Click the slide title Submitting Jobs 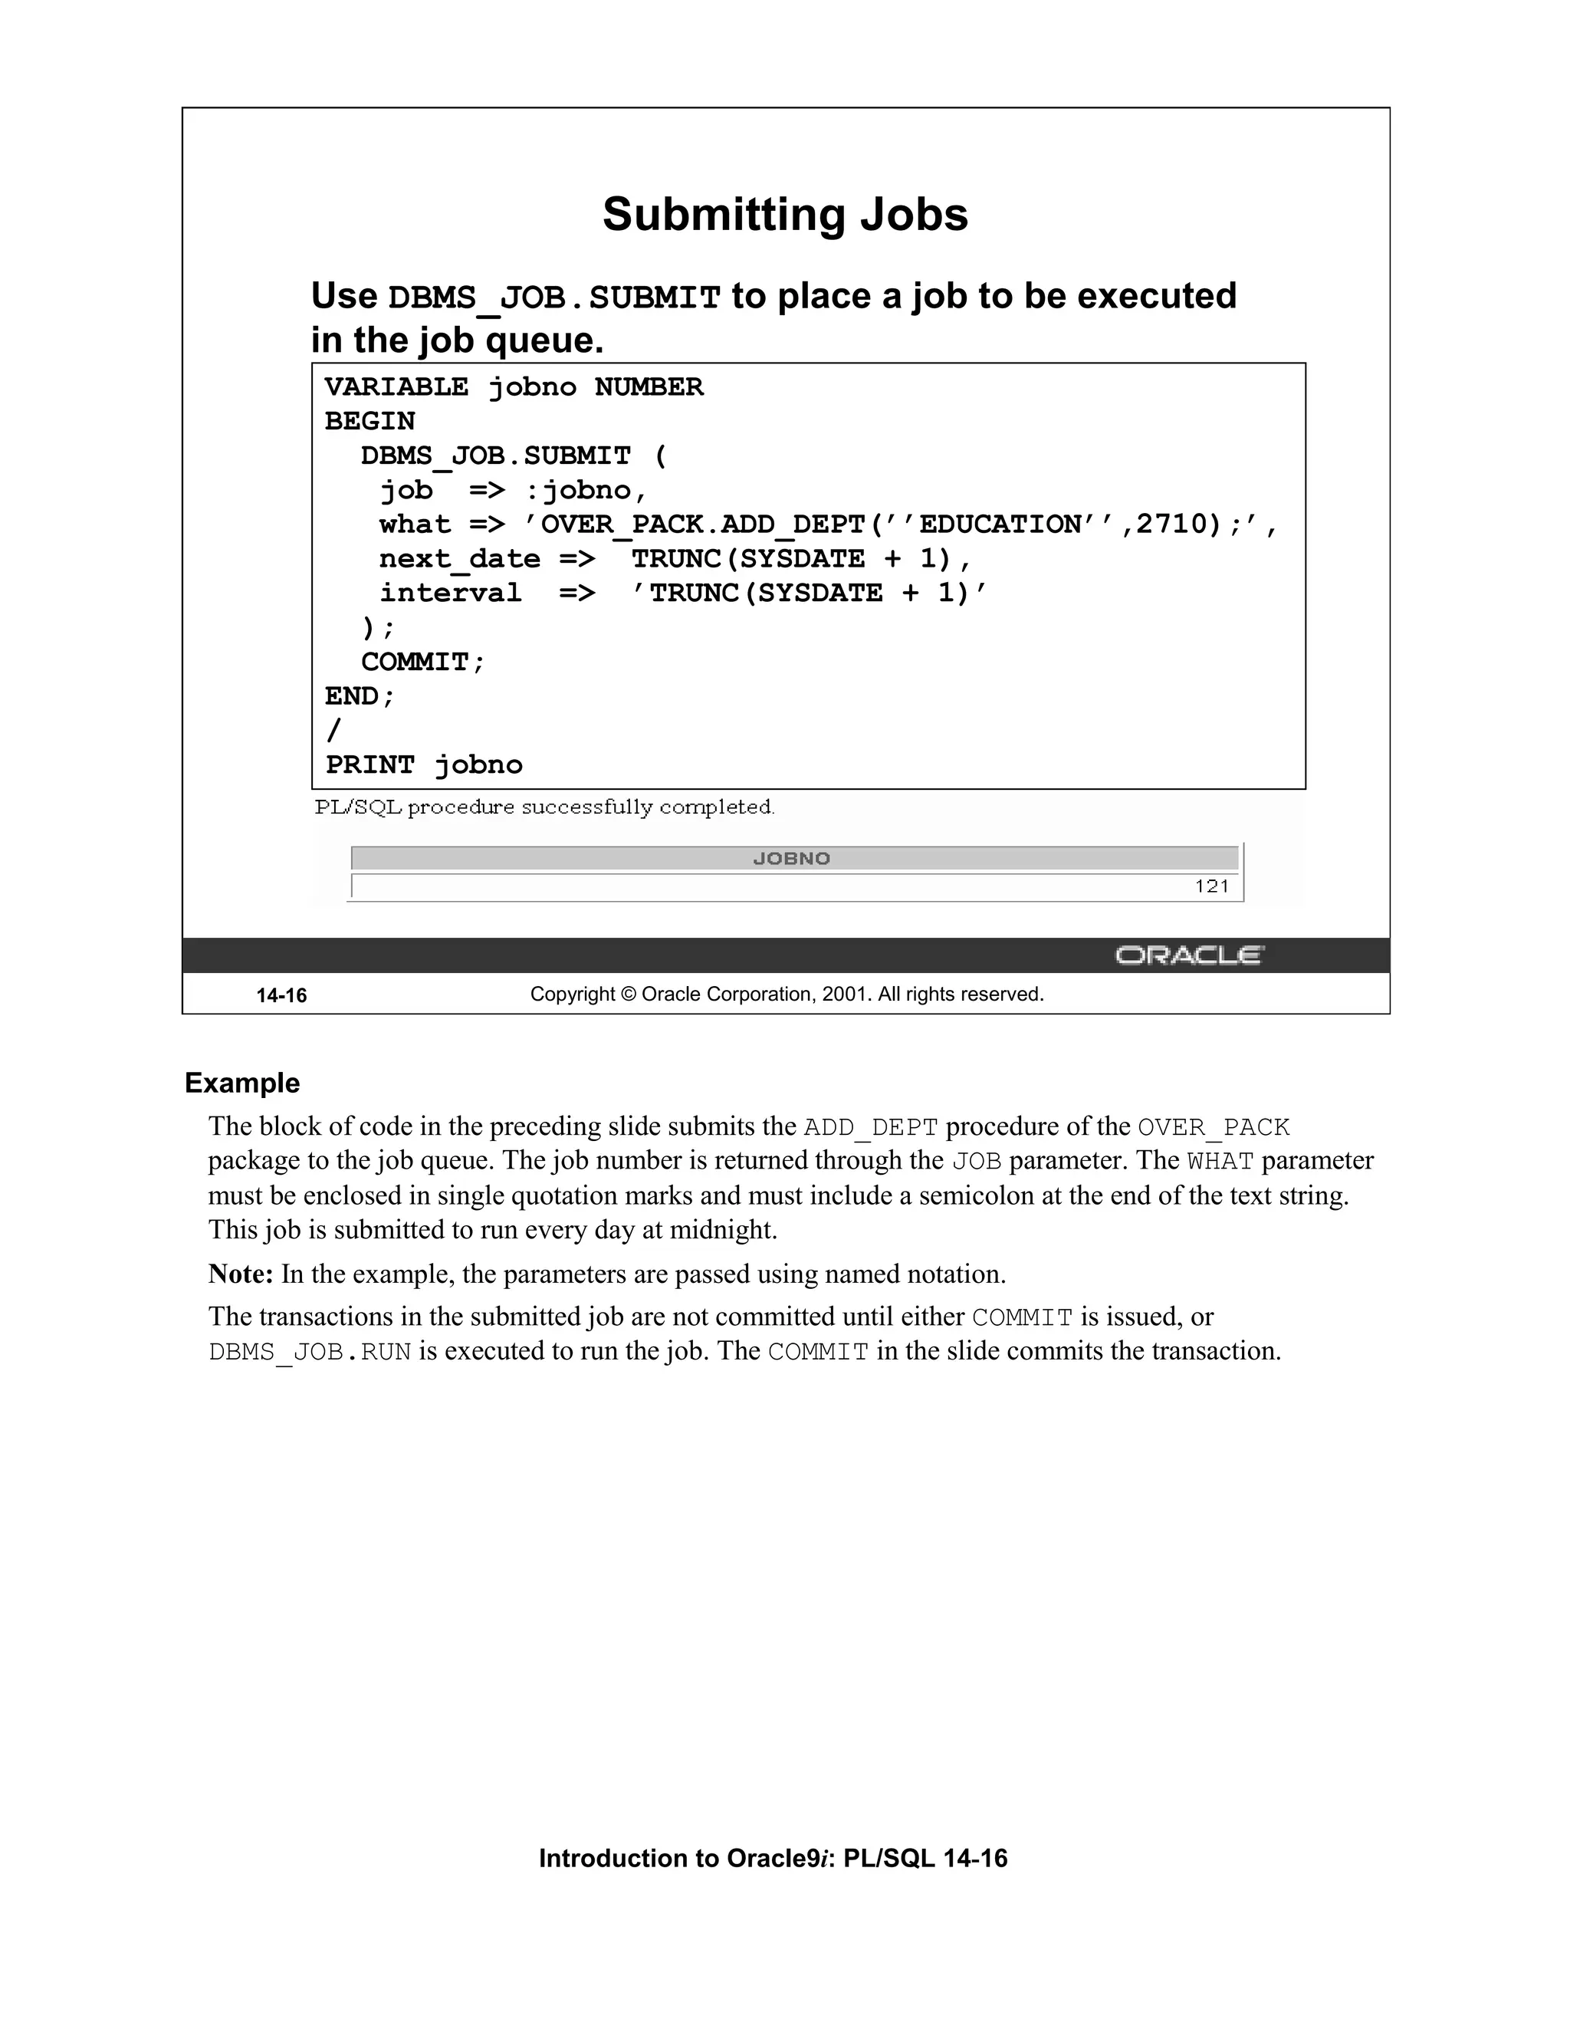[785, 215]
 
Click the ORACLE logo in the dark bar [1189, 955]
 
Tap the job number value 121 [1212, 886]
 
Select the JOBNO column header [791, 859]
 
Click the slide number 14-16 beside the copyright [282, 995]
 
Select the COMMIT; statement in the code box [423, 663]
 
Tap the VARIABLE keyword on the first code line [396, 387]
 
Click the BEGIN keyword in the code [370, 422]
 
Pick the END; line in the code [360, 697]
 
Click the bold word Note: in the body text [240, 1274]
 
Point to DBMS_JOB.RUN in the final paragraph [310, 1352]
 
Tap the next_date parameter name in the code [459, 559]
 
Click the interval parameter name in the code [450, 593]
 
